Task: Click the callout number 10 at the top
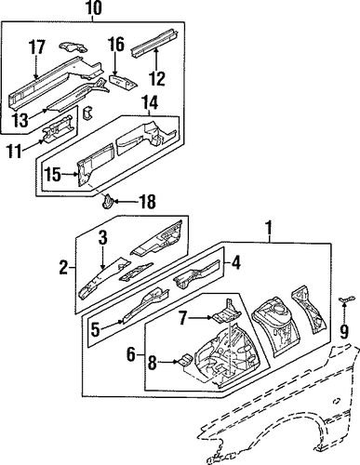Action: pyautogui.click(x=93, y=8)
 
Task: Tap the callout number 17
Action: pyautogui.click(x=37, y=47)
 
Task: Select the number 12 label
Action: pyautogui.click(x=157, y=79)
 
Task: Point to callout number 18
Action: pyautogui.click(x=147, y=202)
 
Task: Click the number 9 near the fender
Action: pyautogui.click(x=344, y=331)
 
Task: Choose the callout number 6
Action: pyautogui.click(x=131, y=354)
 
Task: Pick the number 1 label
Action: pyautogui.click(x=269, y=229)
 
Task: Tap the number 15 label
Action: pyautogui.click(x=53, y=175)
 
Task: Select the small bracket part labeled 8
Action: pyautogui.click(x=184, y=360)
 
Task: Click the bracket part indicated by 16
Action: pyautogui.click(x=123, y=81)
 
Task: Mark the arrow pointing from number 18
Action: pyautogui.click(x=126, y=202)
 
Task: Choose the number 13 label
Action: pyautogui.click(x=21, y=120)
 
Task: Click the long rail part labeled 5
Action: pyautogui.click(x=146, y=305)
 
